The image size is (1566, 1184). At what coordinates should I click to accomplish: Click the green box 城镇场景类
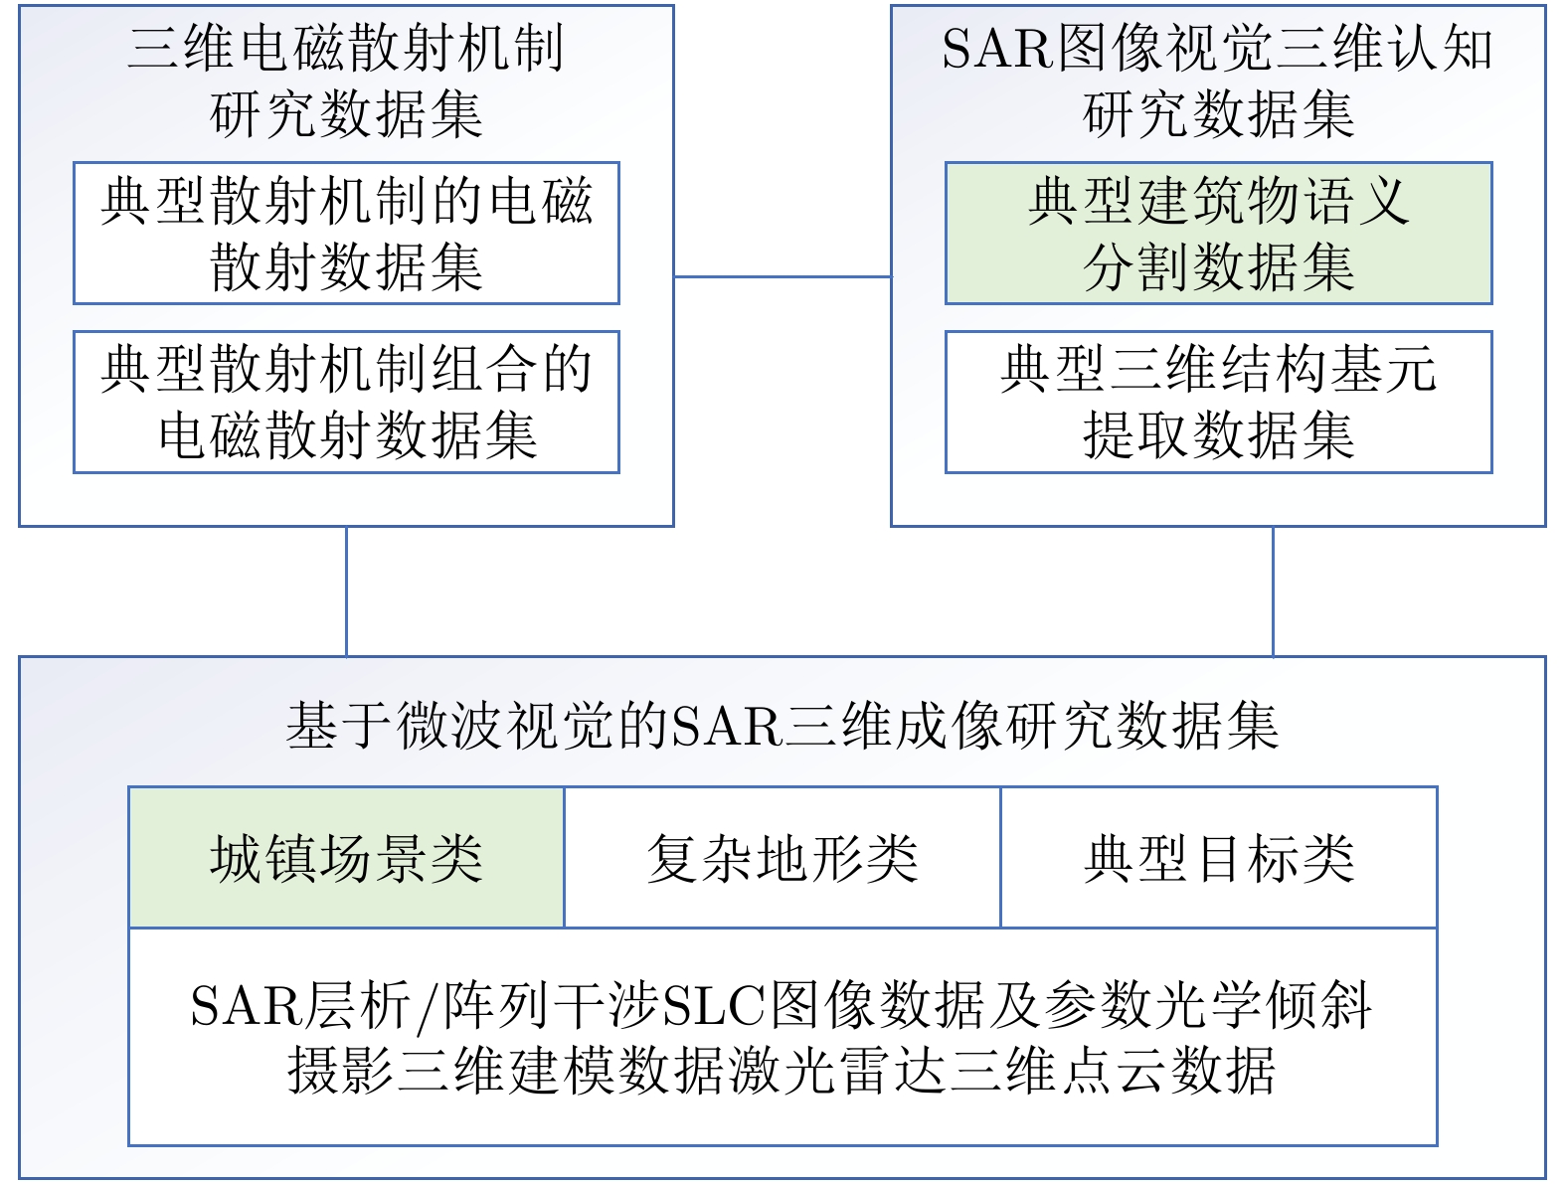tap(346, 858)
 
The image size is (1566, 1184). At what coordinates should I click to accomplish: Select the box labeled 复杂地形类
tap(782, 858)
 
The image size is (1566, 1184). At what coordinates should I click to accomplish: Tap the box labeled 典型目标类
tap(1218, 858)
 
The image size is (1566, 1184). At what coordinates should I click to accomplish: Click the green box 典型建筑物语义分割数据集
tap(1218, 234)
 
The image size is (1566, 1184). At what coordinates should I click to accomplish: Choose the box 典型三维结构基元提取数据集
tap(1218, 402)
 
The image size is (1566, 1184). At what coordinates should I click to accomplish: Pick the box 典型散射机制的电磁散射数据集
tap(346, 234)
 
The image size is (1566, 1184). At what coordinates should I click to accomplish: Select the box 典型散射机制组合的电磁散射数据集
tap(346, 402)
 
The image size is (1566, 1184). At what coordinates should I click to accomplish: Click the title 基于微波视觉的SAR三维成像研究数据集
tap(782, 725)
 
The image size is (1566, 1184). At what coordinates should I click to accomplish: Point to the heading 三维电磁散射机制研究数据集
tap(346, 81)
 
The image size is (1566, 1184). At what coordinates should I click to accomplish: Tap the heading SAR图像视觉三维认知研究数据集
tap(1218, 81)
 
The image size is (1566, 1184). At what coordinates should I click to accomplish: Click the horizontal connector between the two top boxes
tap(783, 276)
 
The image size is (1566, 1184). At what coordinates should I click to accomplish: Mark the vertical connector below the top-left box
tap(346, 591)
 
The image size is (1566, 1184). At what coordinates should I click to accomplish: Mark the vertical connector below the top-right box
tap(1273, 591)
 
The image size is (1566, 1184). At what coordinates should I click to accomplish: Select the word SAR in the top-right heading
tap(996, 49)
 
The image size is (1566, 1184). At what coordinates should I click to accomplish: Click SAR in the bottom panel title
tap(727, 726)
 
